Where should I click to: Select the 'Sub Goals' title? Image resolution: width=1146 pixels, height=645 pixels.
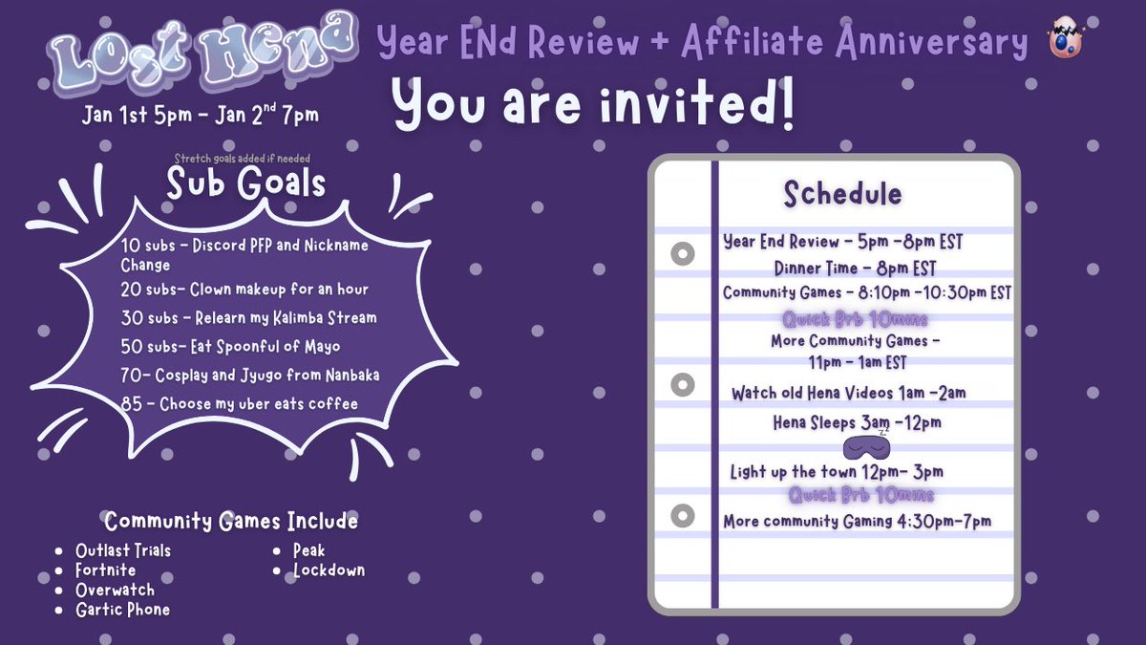click(x=245, y=183)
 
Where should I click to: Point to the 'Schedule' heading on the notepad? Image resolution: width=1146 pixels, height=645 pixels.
click(x=842, y=194)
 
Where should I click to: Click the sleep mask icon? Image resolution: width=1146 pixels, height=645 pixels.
click(x=867, y=446)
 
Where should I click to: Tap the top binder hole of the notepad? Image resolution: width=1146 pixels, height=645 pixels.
click(x=681, y=255)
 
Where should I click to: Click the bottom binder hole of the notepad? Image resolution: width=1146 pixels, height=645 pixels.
click(x=681, y=517)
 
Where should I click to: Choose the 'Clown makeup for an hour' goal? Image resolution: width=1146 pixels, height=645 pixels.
click(x=244, y=289)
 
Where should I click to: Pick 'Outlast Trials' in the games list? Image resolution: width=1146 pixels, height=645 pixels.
click(x=123, y=550)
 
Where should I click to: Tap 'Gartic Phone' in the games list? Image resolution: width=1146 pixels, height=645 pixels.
click(x=122, y=610)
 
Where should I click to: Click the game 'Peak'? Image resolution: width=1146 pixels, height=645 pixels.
click(x=309, y=550)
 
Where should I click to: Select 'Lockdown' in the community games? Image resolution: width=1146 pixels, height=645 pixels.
click(x=329, y=570)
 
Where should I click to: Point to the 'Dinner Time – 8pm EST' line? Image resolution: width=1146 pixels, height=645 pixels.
click(x=855, y=269)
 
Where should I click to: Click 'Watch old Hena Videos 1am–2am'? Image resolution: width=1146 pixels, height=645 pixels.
click(x=848, y=393)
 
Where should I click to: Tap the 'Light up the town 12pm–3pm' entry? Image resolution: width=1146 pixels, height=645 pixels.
click(x=836, y=472)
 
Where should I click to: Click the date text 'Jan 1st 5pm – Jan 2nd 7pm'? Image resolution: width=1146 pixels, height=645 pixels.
click(x=200, y=116)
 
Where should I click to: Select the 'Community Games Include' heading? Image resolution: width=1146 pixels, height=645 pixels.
click(x=231, y=522)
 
